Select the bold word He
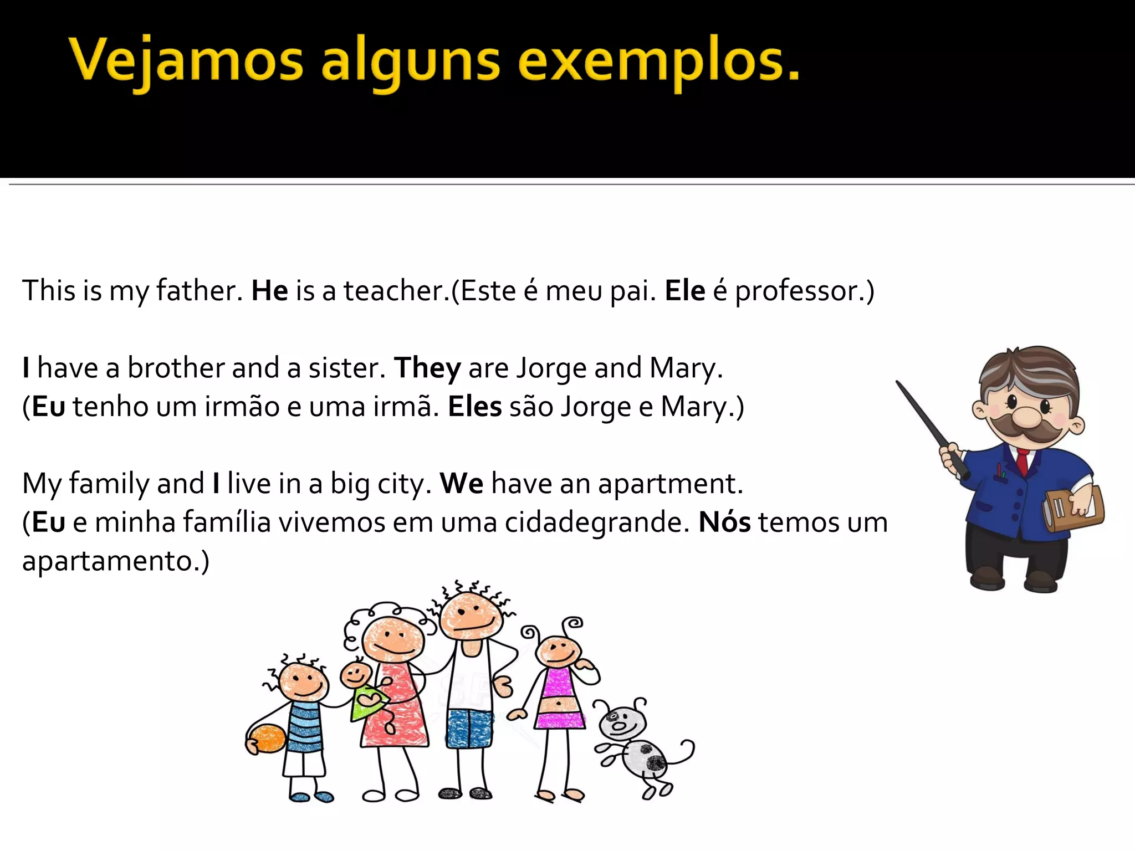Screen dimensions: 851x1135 pyautogui.click(x=270, y=291)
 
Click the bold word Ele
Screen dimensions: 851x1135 pyautogui.click(x=685, y=291)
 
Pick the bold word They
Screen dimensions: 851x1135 pyautogui.click(x=427, y=368)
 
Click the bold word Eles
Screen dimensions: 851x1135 pyautogui.click(x=474, y=407)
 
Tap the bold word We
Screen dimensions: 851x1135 pyautogui.click(x=462, y=484)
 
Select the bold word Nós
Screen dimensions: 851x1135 pyautogui.click(x=724, y=522)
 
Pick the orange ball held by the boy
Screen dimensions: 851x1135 pyautogui.click(x=267, y=739)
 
